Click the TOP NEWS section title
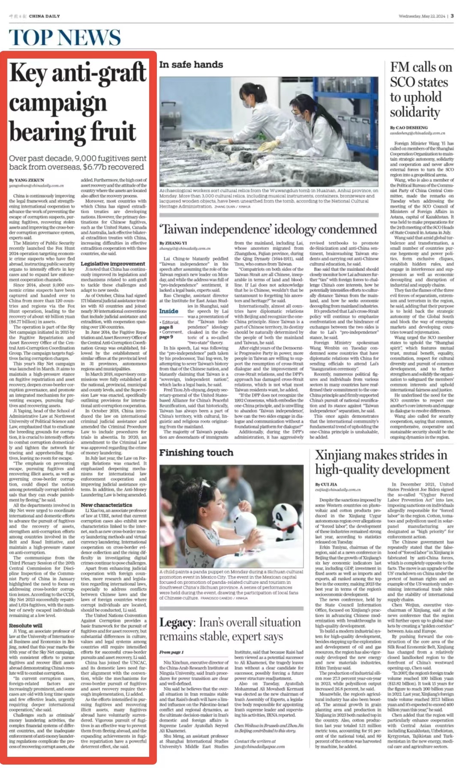pos(65,38)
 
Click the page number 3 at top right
pos(452,16)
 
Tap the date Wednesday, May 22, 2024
pos(421,16)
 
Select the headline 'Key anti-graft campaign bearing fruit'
pos(78,102)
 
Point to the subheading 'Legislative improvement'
pos(113,264)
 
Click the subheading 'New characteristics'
pos(106,505)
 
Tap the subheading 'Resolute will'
pos(26,625)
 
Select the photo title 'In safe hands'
pos(191,65)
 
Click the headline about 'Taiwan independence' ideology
pos(268,229)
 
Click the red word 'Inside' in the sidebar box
pos(169,311)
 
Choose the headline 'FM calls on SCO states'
pos(421,90)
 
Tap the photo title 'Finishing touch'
pos(196,453)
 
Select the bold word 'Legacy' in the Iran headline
pos(176,622)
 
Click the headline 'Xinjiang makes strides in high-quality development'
pos(382,462)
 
